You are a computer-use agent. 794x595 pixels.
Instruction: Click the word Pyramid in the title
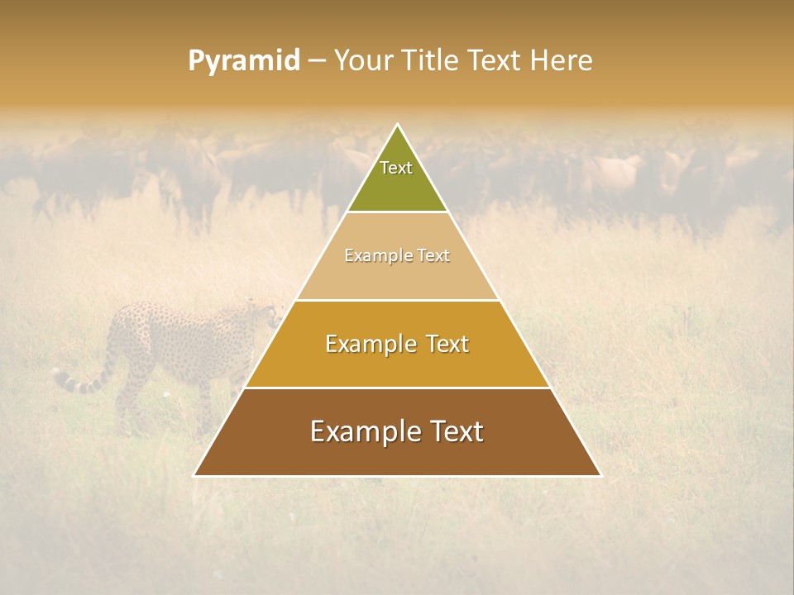pos(243,61)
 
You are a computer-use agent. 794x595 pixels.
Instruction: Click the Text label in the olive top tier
pos(396,168)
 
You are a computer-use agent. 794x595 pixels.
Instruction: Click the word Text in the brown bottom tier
pos(455,431)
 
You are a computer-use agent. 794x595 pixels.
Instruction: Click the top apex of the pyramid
pos(397,125)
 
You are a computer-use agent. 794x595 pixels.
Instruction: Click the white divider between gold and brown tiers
pos(397,388)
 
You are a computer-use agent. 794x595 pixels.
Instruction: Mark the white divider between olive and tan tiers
pos(397,212)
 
